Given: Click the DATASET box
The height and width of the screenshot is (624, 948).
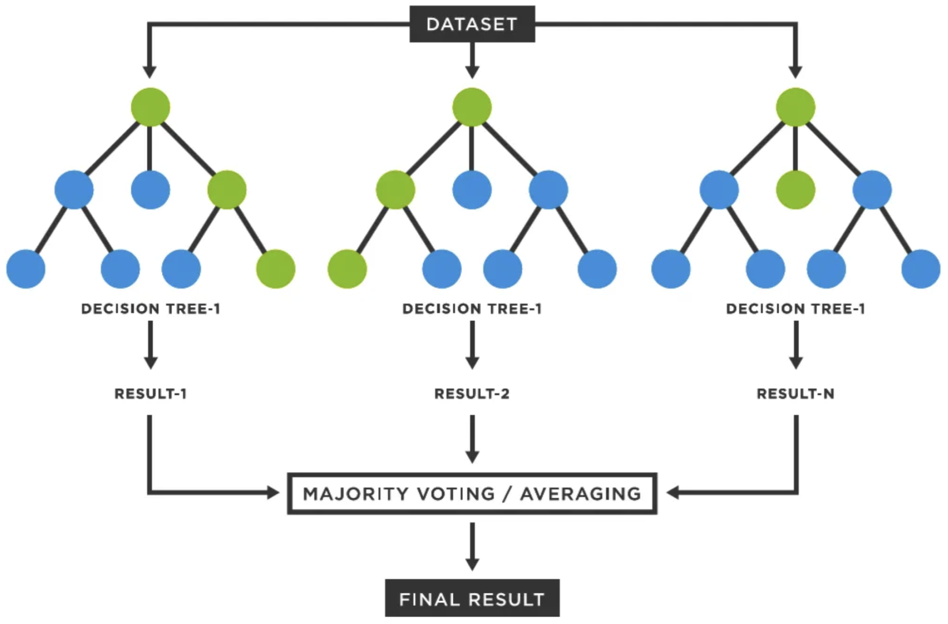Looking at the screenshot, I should click(x=472, y=24).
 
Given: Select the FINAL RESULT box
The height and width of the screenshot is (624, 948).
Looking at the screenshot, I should click(x=472, y=598).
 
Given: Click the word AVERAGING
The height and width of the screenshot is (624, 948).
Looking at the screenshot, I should click(x=581, y=494).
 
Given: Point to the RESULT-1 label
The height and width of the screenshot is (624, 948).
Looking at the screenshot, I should click(x=150, y=394).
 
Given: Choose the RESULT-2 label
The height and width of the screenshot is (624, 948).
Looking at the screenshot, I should click(x=472, y=394).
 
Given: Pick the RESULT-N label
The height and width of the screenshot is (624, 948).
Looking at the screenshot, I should click(x=795, y=394).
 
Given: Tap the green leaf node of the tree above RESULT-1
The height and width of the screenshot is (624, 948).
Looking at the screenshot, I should click(x=275, y=269).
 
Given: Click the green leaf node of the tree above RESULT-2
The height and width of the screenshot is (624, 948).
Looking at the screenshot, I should click(x=347, y=269).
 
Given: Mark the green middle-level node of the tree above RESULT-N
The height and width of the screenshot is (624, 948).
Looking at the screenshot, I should click(x=795, y=190).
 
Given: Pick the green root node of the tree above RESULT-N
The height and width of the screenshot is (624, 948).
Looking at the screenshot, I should click(x=795, y=107).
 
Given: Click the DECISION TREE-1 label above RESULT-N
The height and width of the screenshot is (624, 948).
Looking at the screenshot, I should click(x=795, y=309).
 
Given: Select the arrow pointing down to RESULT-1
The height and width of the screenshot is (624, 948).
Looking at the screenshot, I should click(x=150, y=345).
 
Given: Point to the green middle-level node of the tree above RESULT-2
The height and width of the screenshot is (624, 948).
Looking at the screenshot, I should click(x=395, y=190).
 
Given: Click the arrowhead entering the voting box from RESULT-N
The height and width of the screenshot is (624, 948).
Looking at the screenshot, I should click(x=673, y=492).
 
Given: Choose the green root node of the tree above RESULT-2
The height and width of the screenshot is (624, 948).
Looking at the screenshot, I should click(x=472, y=107).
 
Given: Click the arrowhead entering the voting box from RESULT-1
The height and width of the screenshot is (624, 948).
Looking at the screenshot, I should click(x=273, y=492).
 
